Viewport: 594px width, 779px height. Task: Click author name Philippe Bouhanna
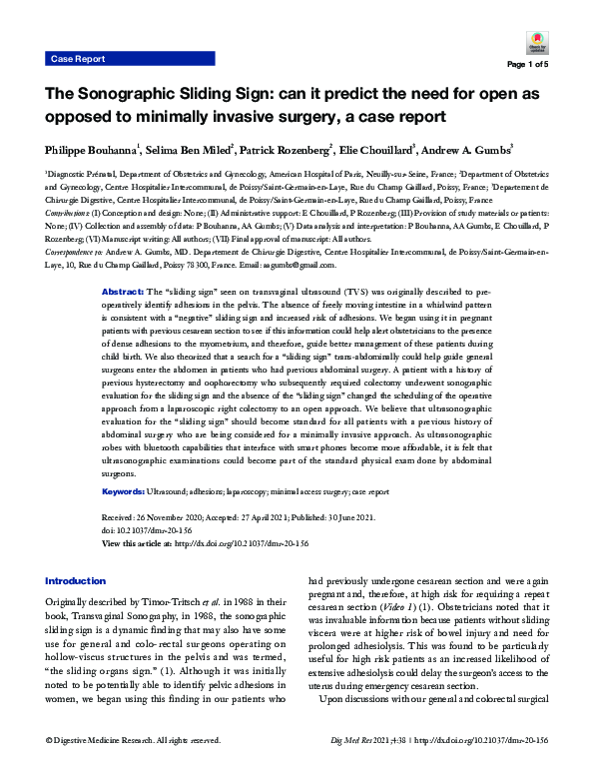pyautogui.click(x=93, y=149)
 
